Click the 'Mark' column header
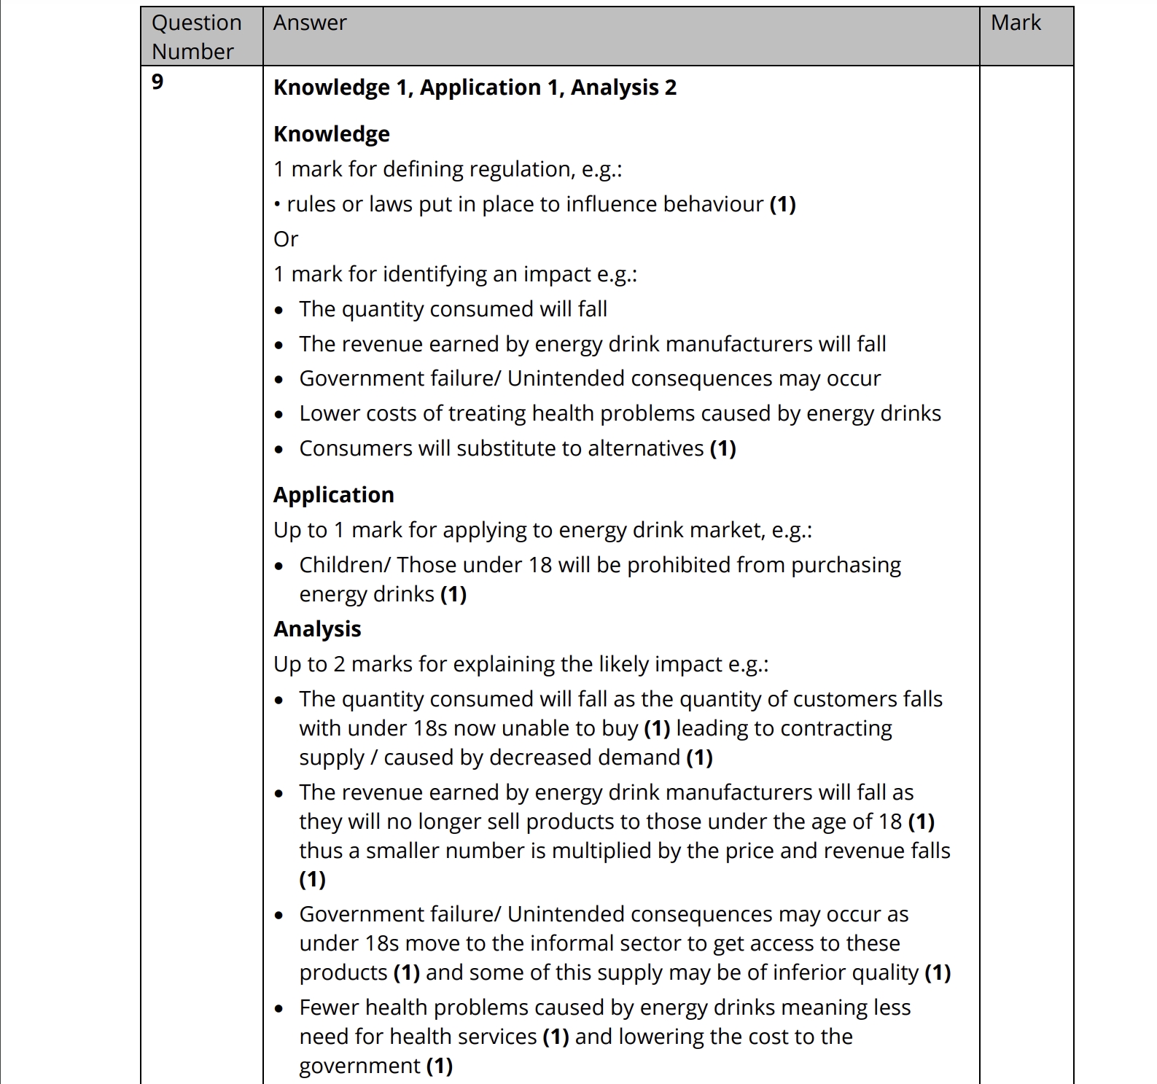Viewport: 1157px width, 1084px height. coord(1015,23)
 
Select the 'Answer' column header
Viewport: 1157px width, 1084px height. coord(310,23)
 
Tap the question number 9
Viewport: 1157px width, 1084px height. coord(157,82)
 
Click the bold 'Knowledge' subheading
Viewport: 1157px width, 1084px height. coord(331,134)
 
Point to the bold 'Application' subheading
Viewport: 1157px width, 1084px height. coord(333,495)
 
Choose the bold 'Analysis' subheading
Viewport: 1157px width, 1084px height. coord(317,629)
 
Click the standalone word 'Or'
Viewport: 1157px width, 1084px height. coord(286,239)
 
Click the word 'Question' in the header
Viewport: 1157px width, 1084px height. coord(196,23)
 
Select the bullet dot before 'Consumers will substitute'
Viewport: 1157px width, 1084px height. coord(279,450)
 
